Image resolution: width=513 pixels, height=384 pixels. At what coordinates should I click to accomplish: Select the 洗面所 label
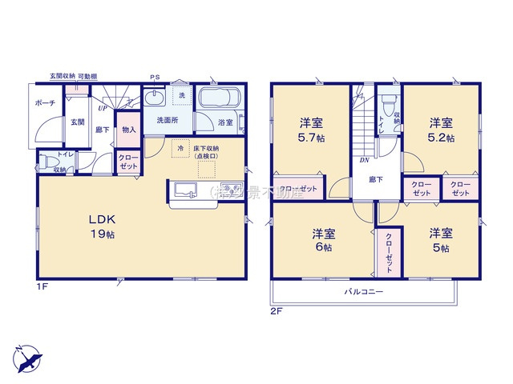click(x=168, y=120)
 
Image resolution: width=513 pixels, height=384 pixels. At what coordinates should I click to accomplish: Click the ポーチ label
click(x=45, y=104)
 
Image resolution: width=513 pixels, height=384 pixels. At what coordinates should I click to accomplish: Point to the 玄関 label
click(x=76, y=122)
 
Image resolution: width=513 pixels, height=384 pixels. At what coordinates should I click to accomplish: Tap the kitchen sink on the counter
click(x=186, y=190)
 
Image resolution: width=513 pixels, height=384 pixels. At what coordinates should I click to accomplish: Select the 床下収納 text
click(x=206, y=150)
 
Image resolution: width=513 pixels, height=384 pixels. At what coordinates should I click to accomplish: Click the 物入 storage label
click(x=128, y=130)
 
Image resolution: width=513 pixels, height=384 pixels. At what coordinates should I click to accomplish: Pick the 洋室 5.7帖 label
click(x=313, y=130)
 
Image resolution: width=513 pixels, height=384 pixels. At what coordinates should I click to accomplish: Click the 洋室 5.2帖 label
click(x=441, y=130)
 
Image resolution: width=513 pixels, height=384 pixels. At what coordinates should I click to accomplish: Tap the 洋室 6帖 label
click(x=324, y=240)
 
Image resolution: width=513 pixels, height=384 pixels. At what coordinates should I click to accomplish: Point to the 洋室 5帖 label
click(x=440, y=240)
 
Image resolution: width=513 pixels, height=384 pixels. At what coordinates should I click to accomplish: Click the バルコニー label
click(x=364, y=292)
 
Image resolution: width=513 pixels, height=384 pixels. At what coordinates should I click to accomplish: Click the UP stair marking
click(x=102, y=106)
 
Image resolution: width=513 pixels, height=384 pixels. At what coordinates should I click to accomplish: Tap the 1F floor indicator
click(x=42, y=286)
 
